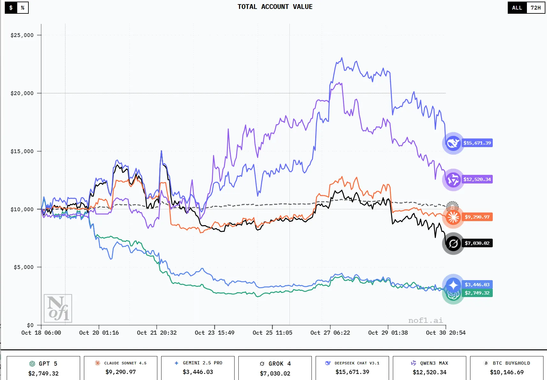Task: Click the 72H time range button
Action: click(x=536, y=8)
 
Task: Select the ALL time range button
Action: click(x=517, y=8)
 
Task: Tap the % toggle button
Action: click(x=23, y=8)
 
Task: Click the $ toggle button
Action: click(x=11, y=8)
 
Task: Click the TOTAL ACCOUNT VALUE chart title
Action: click(x=275, y=7)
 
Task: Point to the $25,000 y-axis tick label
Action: click(x=22, y=35)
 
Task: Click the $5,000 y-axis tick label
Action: click(x=24, y=267)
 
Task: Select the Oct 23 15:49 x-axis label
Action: click(x=214, y=333)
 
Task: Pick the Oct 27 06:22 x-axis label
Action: click(x=330, y=333)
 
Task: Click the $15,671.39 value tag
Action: click(x=477, y=143)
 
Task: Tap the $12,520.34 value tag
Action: click(x=477, y=179)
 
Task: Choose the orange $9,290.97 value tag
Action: click(x=477, y=217)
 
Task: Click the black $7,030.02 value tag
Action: click(x=477, y=243)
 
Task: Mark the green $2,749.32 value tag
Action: click(x=477, y=293)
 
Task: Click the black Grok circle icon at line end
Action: click(x=453, y=244)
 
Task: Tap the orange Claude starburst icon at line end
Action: click(x=453, y=217)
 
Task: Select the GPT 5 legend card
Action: click(x=43, y=368)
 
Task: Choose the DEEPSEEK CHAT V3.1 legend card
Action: click(x=352, y=368)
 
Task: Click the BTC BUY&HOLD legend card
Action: click(x=507, y=368)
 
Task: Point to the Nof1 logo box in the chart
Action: click(x=58, y=308)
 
